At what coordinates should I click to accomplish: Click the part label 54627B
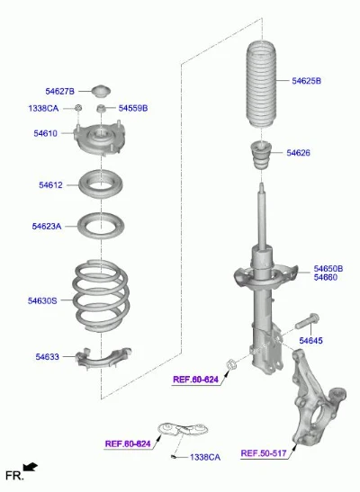point(60,92)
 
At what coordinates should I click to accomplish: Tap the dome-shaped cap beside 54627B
point(101,91)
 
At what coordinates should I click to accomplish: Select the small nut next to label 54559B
point(101,109)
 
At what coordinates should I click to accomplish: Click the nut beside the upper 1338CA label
point(78,108)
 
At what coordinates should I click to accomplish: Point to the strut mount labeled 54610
point(100,139)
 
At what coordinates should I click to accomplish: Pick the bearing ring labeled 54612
point(101,184)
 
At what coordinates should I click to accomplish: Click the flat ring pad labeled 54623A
point(101,226)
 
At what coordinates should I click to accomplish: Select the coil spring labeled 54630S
point(101,296)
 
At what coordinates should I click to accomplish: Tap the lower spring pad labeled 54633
point(103,359)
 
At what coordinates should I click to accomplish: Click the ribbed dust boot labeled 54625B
point(260,84)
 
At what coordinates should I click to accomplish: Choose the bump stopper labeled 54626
point(261,155)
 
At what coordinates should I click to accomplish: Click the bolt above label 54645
point(307,321)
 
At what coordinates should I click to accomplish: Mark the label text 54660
point(326,277)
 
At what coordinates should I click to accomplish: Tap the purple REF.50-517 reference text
point(264,453)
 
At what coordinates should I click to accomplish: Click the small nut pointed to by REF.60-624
point(231,364)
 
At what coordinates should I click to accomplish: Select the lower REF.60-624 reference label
point(128,443)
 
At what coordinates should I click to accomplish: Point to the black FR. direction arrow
point(31,467)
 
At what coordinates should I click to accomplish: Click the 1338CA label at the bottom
point(205,457)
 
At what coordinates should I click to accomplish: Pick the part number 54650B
point(328,269)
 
